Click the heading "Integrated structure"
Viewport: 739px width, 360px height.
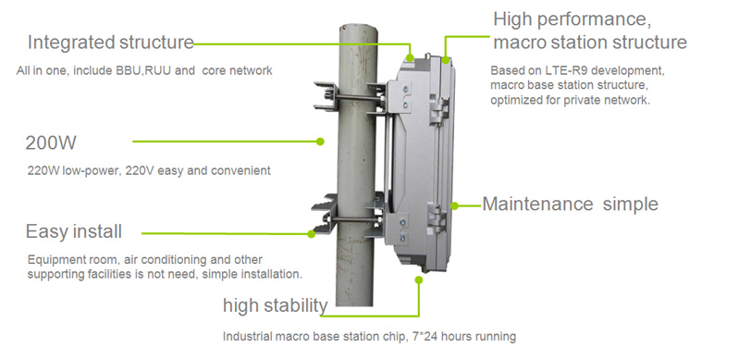[x=111, y=43]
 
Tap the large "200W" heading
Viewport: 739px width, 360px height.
[x=51, y=143]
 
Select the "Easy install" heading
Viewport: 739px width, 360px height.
[x=73, y=231]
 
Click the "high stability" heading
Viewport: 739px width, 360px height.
[x=276, y=305]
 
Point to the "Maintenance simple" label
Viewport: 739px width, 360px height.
[x=570, y=204]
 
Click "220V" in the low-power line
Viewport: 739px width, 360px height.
[x=142, y=170]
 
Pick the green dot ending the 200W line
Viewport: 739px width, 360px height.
[x=320, y=141]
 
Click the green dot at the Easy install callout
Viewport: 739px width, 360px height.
[x=311, y=233]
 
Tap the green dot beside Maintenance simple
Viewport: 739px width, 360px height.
[x=454, y=205]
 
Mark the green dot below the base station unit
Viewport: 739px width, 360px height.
[x=418, y=279]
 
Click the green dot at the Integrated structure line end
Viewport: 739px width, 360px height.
[x=410, y=58]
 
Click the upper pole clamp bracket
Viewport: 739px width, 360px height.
[x=351, y=98]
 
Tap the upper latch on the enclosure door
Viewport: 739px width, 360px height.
[x=438, y=109]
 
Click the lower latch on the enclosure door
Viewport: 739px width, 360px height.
[x=437, y=217]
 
